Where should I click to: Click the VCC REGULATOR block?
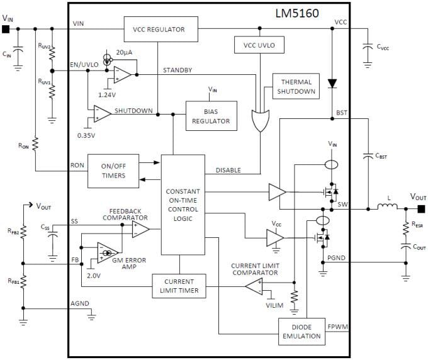coord(159,29)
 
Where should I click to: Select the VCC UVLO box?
coord(259,46)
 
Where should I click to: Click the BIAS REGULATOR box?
coord(211,116)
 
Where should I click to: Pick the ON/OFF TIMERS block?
coord(113,171)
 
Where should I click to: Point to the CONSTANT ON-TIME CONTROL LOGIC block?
coord(183,205)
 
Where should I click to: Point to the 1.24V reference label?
coord(107,94)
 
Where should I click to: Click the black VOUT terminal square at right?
coord(420,209)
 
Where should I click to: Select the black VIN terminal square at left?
coord(6,29)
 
